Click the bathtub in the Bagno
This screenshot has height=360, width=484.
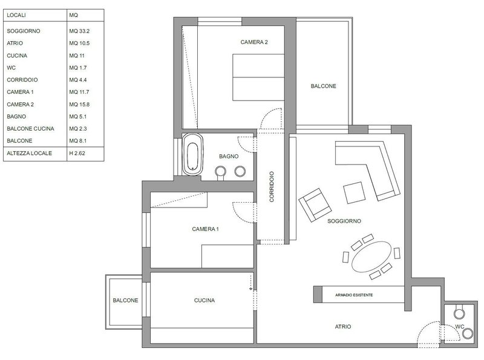[192, 154]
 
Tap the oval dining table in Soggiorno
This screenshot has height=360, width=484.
[371, 257]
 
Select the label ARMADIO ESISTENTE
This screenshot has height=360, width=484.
[354, 295]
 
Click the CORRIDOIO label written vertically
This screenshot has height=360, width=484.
[272, 187]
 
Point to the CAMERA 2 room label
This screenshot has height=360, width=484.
[254, 42]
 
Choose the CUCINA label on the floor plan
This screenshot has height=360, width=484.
[204, 301]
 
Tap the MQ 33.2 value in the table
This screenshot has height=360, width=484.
[79, 31]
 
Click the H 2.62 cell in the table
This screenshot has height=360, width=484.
[77, 153]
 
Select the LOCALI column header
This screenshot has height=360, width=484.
[16, 15]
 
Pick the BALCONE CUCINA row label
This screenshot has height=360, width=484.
[31, 129]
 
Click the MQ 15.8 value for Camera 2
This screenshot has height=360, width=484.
[79, 104]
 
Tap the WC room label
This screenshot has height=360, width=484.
[460, 327]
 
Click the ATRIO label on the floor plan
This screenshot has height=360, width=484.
[343, 327]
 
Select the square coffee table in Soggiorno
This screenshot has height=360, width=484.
[354, 193]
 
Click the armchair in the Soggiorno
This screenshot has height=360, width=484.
[315, 205]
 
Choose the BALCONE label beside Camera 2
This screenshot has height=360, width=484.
[323, 86]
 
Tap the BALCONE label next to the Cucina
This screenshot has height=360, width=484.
[125, 301]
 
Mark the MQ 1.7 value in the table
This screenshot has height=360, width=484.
[78, 68]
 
